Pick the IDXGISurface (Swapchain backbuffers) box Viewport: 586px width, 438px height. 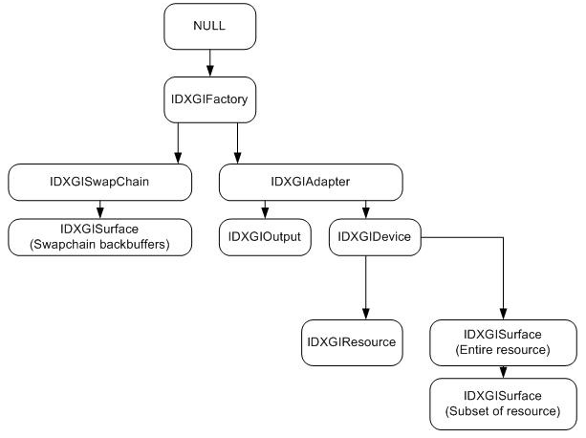point(100,236)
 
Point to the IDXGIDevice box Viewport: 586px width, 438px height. point(377,236)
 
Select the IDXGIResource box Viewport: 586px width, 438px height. point(349,341)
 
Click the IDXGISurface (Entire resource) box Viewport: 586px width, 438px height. point(504,341)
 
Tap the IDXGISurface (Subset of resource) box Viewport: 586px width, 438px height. point(504,402)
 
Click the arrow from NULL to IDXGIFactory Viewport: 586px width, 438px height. point(208,63)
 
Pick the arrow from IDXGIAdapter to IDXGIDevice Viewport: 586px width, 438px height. point(364,208)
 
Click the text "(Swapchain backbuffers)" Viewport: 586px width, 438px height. point(100,244)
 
